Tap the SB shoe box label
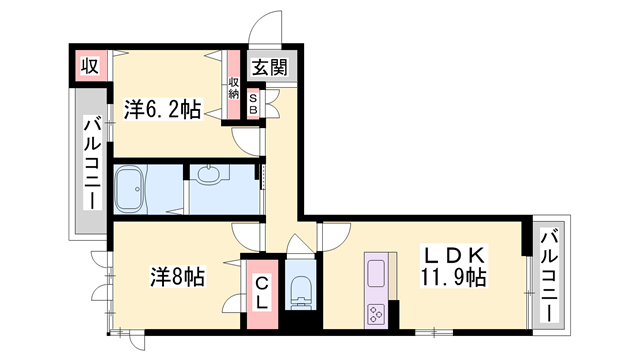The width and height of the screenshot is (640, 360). click(x=253, y=102)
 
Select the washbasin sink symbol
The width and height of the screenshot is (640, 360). click(x=209, y=176)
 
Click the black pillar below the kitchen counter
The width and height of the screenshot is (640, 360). click(x=395, y=315)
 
